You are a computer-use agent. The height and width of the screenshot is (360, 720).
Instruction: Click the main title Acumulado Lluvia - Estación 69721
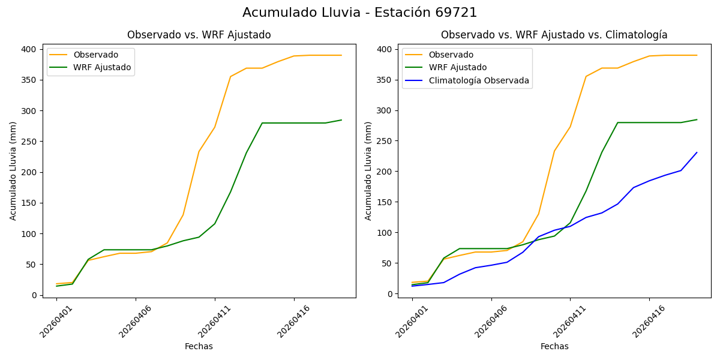tap(359, 13)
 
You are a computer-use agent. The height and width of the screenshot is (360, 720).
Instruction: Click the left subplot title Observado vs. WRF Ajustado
tap(199, 35)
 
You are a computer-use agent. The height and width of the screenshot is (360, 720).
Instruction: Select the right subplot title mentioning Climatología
tap(554, 35)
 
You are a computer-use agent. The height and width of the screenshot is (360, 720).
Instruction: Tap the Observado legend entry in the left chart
tap(96, 55)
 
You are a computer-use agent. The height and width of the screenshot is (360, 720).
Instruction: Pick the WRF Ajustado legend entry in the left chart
tap(102, 67)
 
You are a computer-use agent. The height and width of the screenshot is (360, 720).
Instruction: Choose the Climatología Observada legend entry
tap(478, 80)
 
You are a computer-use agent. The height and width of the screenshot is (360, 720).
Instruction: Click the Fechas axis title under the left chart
tap(199, 346)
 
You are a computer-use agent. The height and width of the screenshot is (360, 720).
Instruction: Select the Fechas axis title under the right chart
tap(554, 346)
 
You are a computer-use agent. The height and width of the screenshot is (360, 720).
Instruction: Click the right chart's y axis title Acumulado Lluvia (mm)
tap(368, 170)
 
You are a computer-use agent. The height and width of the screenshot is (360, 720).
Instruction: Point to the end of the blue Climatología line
tap(697, 152)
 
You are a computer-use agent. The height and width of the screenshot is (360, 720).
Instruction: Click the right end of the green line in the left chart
tap(341, 120)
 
